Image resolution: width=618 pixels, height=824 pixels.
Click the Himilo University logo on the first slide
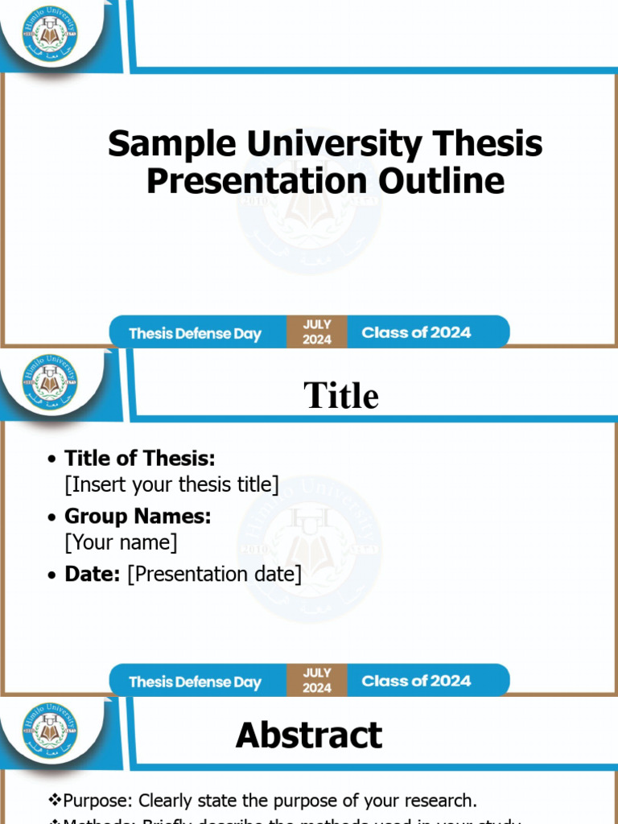point(50,33)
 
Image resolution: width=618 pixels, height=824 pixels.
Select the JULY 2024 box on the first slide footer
point(317,332)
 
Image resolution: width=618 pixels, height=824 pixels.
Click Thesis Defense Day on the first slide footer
point(195,333)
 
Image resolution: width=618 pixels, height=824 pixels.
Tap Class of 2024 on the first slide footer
point(416,332)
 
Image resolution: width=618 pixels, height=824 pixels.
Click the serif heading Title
point(340,396)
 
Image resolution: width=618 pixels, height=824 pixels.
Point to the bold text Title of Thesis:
point(139,459)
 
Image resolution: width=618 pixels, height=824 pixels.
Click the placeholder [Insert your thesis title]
point(171,484)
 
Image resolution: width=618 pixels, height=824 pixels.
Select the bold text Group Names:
point(138,516)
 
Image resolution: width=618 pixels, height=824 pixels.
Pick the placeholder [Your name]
point(121,542)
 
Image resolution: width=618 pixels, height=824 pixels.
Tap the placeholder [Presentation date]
point(215,574)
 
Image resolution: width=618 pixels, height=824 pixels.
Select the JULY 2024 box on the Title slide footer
point(317,681)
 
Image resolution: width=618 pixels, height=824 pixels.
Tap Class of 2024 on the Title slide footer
point(416,681)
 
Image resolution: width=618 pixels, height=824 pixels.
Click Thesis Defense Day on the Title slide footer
point(195,682)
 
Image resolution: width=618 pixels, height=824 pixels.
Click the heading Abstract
point(309,735)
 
